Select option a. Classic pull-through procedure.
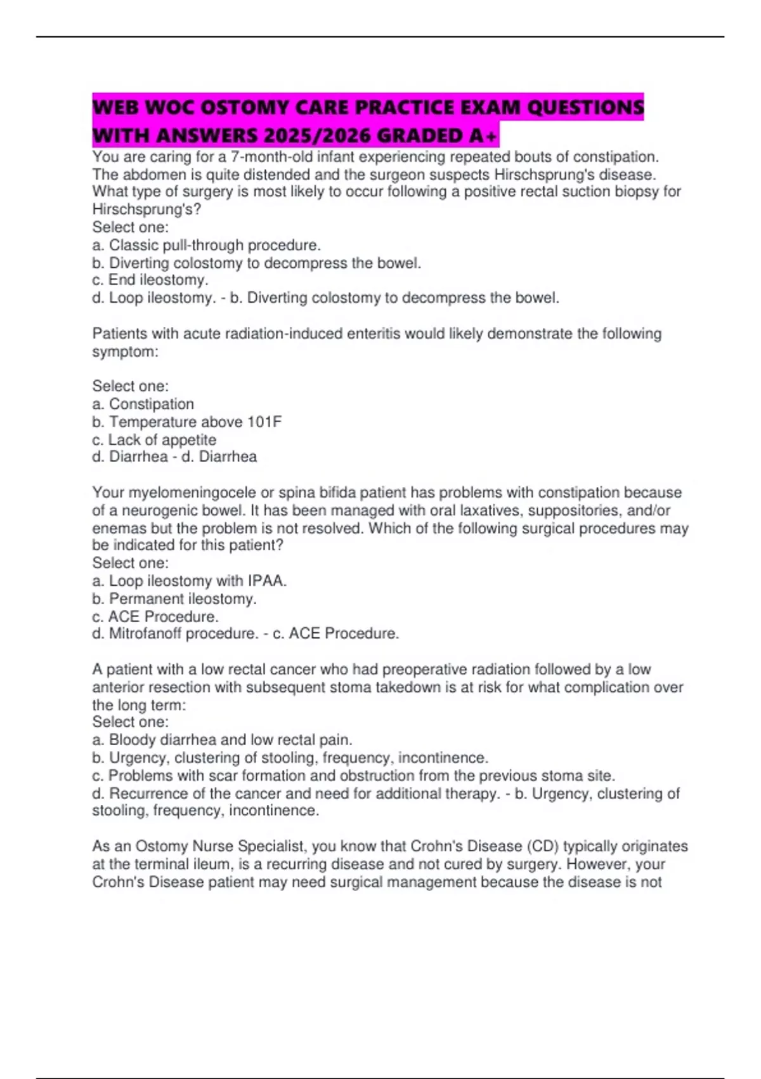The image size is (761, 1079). [207, 245]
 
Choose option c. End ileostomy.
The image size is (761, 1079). [150, 280]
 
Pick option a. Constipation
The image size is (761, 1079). [143, 404]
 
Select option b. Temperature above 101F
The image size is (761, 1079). [187, 422]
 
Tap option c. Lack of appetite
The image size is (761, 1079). [154, 440]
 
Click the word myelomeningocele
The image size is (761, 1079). [192, 493]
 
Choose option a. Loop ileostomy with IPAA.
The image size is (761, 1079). [190, 581]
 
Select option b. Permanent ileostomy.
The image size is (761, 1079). [174, 599]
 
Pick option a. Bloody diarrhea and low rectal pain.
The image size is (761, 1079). [223, 740]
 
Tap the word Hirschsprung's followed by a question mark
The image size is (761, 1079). [146, 209]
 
